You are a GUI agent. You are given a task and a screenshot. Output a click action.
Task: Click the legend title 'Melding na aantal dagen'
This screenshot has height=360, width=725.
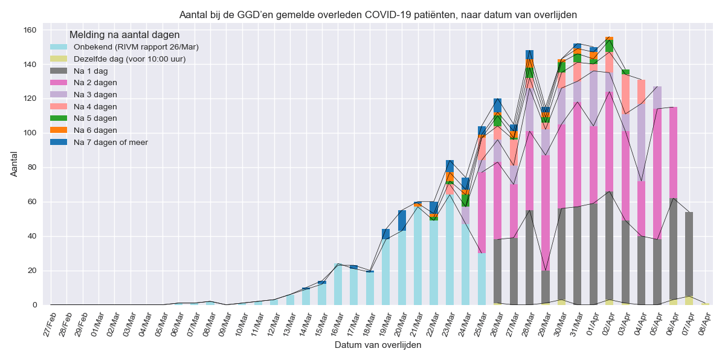click(124, 35)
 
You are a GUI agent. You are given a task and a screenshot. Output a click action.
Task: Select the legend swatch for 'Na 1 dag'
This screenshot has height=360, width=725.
click(59, 71)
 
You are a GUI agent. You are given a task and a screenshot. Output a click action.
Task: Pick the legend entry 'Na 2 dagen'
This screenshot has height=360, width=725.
click(95, 83)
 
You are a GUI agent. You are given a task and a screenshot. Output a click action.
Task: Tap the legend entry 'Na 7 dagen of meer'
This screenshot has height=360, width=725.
click(111, 142)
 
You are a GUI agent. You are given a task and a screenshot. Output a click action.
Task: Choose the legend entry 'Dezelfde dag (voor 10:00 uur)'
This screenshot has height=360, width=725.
click(129, 59)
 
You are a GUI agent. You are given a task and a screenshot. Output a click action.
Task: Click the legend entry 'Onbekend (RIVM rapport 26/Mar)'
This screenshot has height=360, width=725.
click(136, 47)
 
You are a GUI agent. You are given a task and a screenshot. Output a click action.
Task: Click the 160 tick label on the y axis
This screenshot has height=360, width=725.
click(30, 30)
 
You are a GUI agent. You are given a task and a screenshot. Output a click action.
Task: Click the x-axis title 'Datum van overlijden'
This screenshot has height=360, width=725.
click(378, 346)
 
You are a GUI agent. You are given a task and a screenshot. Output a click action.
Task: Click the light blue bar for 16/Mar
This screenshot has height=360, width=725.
click(338, 284)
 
